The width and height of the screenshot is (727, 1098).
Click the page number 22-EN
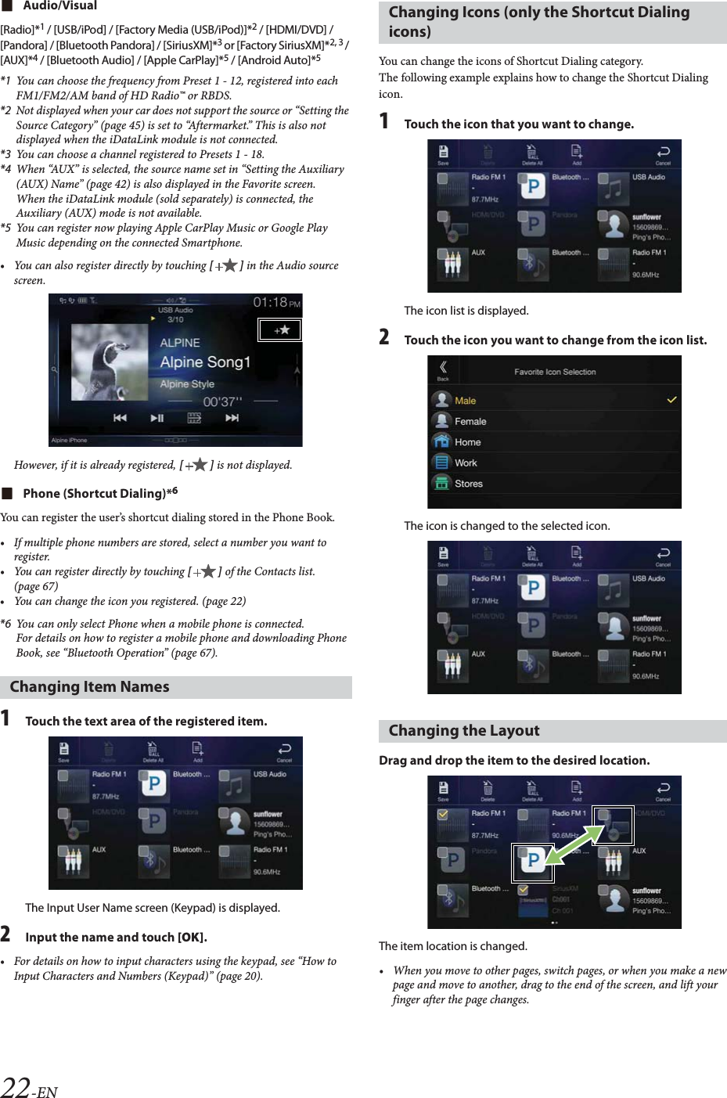coord(29,1087)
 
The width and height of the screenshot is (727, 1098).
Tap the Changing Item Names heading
coord(89,686)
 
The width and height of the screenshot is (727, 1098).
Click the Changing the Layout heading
coord(463,730)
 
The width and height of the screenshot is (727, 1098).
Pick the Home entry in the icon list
coord(467,442)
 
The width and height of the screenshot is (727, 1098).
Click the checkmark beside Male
coord(671,400)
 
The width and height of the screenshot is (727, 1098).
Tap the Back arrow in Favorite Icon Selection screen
coord(443,369)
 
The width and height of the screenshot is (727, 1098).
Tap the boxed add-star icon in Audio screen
coord(280,330)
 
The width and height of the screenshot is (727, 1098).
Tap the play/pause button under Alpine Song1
coord(157,419)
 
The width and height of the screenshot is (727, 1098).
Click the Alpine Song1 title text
coord(205,362)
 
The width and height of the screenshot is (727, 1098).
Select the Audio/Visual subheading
coord(59,6)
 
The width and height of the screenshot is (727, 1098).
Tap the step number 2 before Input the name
coord(5,934)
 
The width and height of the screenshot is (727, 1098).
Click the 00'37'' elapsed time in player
coord(222,401)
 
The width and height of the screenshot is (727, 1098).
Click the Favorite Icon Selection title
coord(554,372)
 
